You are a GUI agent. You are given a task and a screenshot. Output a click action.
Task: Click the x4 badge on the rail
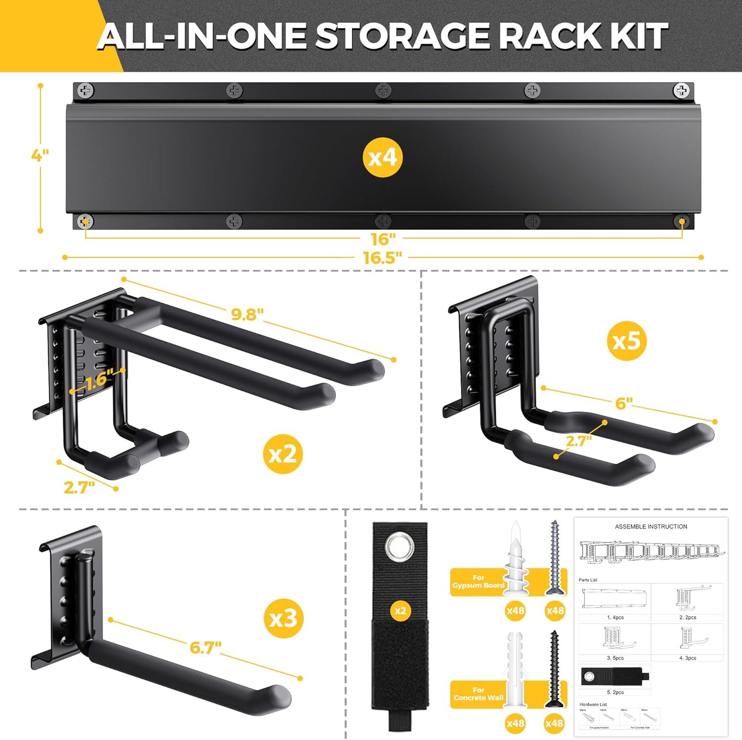tap(383, 158)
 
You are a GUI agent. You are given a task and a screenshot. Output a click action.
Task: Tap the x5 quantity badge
tap(626, 340)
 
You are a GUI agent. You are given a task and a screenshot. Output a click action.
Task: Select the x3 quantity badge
tap(283, 619)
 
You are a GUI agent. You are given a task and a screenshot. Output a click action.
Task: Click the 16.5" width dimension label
tap(383, 258)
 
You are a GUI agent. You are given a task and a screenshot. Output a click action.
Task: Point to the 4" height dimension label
tap(40, 156)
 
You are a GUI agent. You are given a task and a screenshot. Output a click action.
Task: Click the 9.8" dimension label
tap(247, 314)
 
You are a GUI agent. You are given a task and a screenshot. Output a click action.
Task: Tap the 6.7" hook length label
tap(205, 648)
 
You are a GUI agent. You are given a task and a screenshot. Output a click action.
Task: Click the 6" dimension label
tap(623, 404)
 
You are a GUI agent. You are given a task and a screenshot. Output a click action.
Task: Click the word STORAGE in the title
tap(402, 37)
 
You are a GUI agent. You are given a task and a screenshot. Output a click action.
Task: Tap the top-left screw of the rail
tap(86, 91)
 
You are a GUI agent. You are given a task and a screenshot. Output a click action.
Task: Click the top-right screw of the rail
tap(681, 91)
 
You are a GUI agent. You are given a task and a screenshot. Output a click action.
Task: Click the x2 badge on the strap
tap(399, 611)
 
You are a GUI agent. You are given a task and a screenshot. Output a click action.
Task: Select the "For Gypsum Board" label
tap(479, 581)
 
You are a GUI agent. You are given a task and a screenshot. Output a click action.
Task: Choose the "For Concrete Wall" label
tap(479, 694)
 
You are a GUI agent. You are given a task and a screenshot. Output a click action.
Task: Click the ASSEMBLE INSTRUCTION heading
tap(651, 526)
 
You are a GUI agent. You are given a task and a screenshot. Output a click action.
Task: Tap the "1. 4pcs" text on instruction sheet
tap(615, 617)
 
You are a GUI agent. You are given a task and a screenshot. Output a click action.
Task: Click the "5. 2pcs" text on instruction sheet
tap(615, 692)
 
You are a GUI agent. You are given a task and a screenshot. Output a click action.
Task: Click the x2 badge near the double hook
tap(283, 454)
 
